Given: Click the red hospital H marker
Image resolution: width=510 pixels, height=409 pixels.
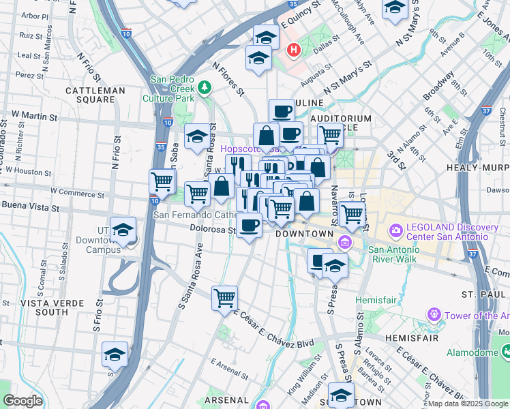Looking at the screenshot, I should pyautogui.click(x=294, y=50).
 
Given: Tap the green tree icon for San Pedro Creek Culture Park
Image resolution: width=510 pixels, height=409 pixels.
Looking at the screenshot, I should pyautogui.click(x=205, y=87).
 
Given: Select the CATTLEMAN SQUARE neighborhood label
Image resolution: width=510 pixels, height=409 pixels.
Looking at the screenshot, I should pyautogui.click(x=95, y=95).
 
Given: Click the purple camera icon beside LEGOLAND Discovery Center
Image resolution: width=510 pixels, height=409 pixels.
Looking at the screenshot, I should pyautogui.click(x=395, y=232).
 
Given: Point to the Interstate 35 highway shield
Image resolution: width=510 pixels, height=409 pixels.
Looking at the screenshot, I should pyautogui.click(x=160, y=145).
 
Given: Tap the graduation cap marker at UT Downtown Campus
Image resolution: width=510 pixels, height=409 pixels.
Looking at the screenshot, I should pyautogui.click(x=123, y=230).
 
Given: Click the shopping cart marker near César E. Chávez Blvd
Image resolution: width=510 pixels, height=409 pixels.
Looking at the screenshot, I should pyautogui.click(x=224, y=298).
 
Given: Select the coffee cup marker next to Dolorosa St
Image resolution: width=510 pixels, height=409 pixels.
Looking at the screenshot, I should pyautogui.click(x=250, y=224).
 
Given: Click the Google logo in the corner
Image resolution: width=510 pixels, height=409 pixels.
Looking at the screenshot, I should pyautogui.click(x=22, y=401).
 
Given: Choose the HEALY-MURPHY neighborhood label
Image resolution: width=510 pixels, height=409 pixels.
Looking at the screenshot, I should pyautogui.click(x=477, y=167).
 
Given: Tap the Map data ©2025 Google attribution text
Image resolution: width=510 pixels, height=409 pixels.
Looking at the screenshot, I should pyautogui.click(x=468, y=404).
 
